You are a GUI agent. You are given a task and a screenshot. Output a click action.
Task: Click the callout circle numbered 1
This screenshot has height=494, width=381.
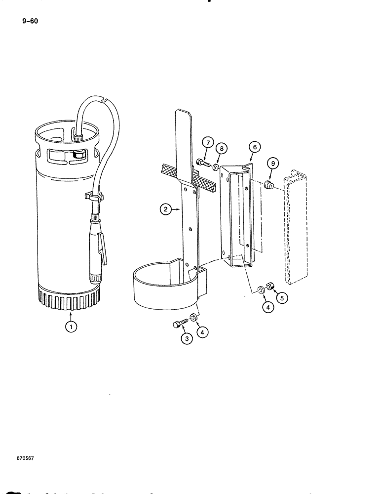73,327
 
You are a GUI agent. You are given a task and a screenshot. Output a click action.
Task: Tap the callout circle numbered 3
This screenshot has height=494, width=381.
187,338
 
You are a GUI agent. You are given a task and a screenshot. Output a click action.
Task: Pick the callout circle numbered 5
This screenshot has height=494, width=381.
282,298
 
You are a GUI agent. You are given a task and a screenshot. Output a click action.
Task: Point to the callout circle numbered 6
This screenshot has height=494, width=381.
254,147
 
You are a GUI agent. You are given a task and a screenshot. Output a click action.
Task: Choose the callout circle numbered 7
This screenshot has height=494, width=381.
208,144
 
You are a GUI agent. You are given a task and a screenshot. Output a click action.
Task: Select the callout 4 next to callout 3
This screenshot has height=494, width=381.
202,332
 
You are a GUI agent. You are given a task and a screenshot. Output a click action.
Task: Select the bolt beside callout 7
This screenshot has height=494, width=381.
203,162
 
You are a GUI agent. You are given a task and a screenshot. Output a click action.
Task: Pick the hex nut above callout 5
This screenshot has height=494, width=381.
271,286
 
